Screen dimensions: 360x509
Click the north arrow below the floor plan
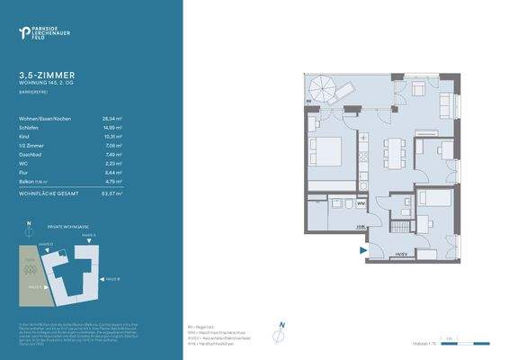pos(281,328)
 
